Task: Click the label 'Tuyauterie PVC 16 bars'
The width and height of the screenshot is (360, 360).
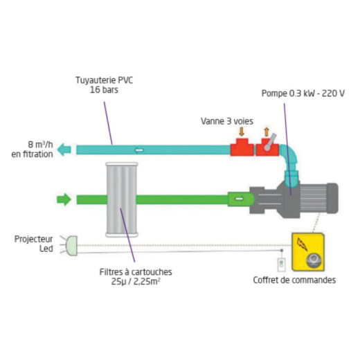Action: (x=105, y=84)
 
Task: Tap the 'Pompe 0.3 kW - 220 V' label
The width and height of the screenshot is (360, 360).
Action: (x=303, y=93)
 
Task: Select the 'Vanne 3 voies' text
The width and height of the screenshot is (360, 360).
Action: (x=227, y=121)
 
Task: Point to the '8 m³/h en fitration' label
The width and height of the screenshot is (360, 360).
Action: (x=32, y=150)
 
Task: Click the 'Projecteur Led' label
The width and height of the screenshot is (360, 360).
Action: (x=34, y=244)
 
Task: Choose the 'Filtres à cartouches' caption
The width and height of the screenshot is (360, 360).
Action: (x=136, y=272)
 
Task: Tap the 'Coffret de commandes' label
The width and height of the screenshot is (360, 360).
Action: (x=294, y=280)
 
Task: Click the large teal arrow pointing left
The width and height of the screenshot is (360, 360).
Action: (x=64, y=150)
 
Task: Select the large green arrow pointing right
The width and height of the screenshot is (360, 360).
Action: (x=64, y=199)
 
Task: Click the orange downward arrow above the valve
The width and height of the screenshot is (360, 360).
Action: (x=242, y=132)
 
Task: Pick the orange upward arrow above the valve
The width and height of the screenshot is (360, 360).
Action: (x=267, y=132)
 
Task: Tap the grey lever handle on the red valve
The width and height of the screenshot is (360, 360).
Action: (x=270, y=142)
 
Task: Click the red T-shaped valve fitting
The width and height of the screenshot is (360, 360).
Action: (x=242, y=147)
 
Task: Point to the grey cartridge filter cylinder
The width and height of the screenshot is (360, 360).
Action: (x=122, y=199)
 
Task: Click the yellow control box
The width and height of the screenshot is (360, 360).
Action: (x=308, y=252)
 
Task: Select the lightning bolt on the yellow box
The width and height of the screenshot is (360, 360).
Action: (x=302, y=244)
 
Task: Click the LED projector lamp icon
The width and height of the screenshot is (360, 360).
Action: (x=71, y=246)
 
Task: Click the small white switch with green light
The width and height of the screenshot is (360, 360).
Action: (x=281, y=264)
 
